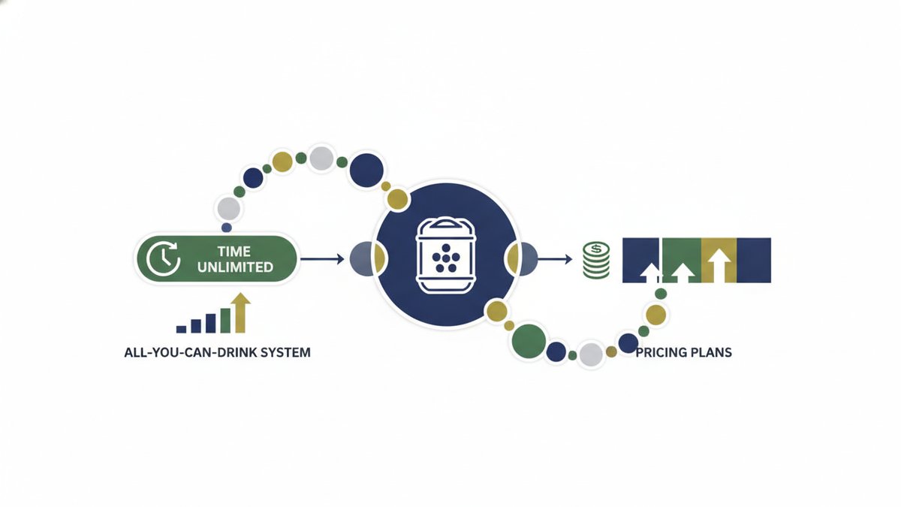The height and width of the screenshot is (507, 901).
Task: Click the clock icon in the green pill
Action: click(x=163, y=258)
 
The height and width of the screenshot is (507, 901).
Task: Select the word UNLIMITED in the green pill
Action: click(x=235, y=267)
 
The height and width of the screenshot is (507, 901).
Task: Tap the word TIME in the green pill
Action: click(x=234, y=252)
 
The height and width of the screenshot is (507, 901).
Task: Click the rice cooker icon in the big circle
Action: click(x=446, y=256)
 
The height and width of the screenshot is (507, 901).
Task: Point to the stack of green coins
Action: click(x=596, y=260)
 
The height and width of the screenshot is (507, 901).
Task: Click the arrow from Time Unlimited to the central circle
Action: click(x=323, y=259)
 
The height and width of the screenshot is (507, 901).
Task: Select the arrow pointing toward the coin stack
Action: click(x=555, y=259)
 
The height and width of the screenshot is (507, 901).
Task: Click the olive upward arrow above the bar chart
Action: click(x=240, y=313)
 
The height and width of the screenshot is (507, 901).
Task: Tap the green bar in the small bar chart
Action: click(x=225, y=321)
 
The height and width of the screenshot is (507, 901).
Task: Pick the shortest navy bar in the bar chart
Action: click(x=182, y=329)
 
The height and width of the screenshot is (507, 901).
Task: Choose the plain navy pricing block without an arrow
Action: click(x=754, y=261)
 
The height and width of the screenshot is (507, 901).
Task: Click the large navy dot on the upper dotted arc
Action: click(x=366, y=171)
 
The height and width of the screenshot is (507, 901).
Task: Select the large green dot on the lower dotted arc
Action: click(x=529, y=341)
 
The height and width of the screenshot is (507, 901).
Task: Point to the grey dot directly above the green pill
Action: click(x=229, y=209)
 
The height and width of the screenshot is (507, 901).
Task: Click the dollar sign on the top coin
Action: click(x=596, y=249)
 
